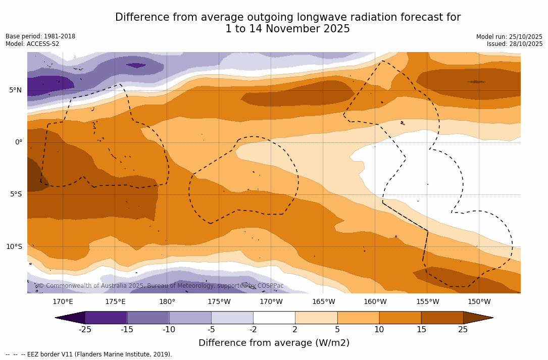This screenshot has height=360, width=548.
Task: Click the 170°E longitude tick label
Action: pyautogui.click(x=63, y=302)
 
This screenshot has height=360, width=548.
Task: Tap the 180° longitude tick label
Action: pyautogui.click(x=167, y=302)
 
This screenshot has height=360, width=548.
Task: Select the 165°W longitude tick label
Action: pyautogui.click(x=323, y=302)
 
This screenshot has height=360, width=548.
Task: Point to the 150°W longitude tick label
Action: pyautogui.click(x=479, y=302)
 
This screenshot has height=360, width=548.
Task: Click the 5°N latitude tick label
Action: pyautogui.click(x=16, y=90)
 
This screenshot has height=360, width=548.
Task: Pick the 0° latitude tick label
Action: pyautogui.click(x=19, y=142)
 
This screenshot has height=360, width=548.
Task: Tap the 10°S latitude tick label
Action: pyautogui.click(x=14, y=247)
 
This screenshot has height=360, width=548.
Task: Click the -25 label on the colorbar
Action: pyautogui.click(x=85, y=330)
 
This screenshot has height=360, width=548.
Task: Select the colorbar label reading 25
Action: pyautogui.click(x=463, y=330)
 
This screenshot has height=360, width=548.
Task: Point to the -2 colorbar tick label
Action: pyautogui.click(x=253, y=330)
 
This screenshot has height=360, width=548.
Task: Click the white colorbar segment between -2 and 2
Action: pyautogui.click(x=274, y=318)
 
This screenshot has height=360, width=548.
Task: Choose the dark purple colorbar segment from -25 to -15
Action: pyautogui.click(x=106, y=318)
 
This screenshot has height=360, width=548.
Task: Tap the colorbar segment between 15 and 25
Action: pyautogui.click(x=442, y=318)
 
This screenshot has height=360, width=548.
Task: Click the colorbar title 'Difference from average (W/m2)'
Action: pyautogui.click(x=274, y=343)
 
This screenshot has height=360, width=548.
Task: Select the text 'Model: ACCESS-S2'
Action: pyautogui.click(x=32, y=44)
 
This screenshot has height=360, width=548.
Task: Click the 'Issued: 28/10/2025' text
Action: pyautogui.click(x=514, y=44)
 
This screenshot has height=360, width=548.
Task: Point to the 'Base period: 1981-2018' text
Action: pyautogui.click(x=40, y=36)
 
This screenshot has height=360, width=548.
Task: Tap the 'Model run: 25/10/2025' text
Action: pyautogui.click(x=509, y=37)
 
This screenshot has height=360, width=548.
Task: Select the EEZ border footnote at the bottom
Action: pyautogui.click(x=89, y=354)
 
